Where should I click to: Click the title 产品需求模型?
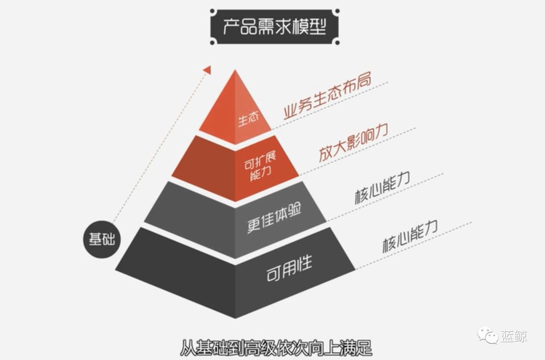[x=274, y=26]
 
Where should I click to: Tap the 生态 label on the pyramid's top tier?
[x=248, y=119]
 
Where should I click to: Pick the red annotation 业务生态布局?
[x=327, y=97]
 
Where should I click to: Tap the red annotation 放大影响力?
[x=353, y=143]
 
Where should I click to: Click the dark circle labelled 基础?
[x=102, y=239]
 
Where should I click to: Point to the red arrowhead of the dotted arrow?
[x=206, y=69]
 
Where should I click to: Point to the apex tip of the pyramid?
[x=235, y=71]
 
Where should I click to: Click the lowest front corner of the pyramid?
[x=235, y=317]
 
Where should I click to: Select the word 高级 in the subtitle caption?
[x=257, y=349]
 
